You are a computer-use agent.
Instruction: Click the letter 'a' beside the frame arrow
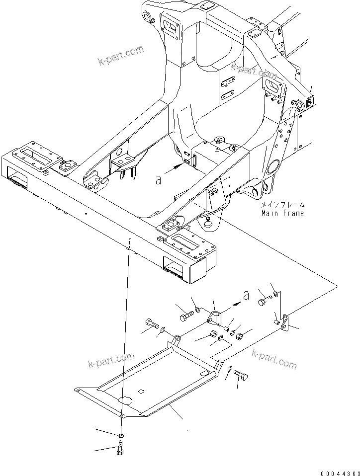(x=158, y=179)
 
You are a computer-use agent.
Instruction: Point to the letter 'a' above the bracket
(x=245, y=296)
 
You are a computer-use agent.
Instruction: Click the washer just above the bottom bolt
(x=121, y=434)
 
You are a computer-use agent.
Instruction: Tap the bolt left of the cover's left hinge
(x=152, y=326)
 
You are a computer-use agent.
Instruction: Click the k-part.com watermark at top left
(x=120, y=56)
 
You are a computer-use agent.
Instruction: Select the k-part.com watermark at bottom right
(x=274, y=359)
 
